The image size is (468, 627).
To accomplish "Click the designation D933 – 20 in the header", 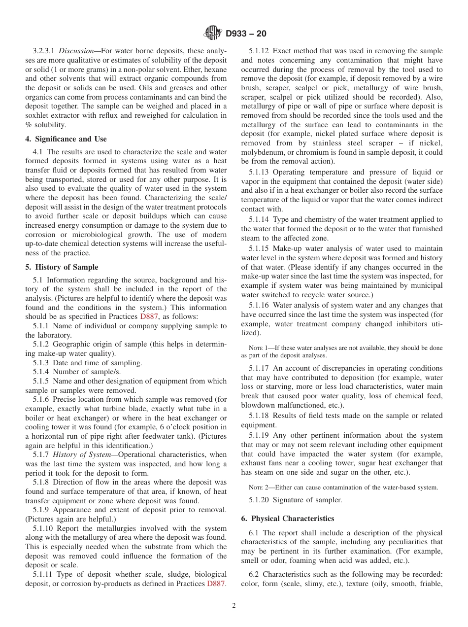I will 246,34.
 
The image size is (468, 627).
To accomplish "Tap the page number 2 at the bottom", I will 234,606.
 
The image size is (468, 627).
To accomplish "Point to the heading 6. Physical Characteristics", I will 288,519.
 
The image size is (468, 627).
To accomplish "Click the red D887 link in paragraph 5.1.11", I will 216,584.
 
